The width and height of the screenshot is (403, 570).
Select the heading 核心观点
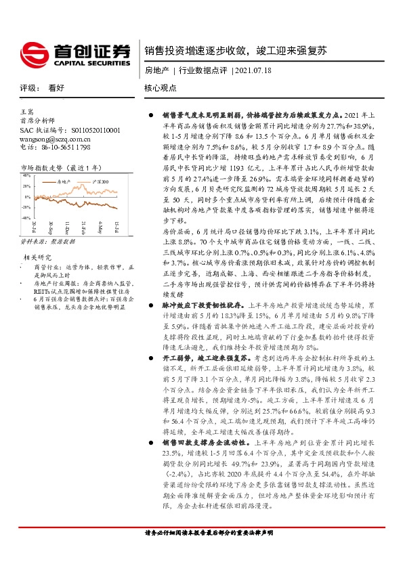[160, 88]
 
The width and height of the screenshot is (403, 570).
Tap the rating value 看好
[56, 88]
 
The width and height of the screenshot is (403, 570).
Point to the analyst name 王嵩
[26, 110]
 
